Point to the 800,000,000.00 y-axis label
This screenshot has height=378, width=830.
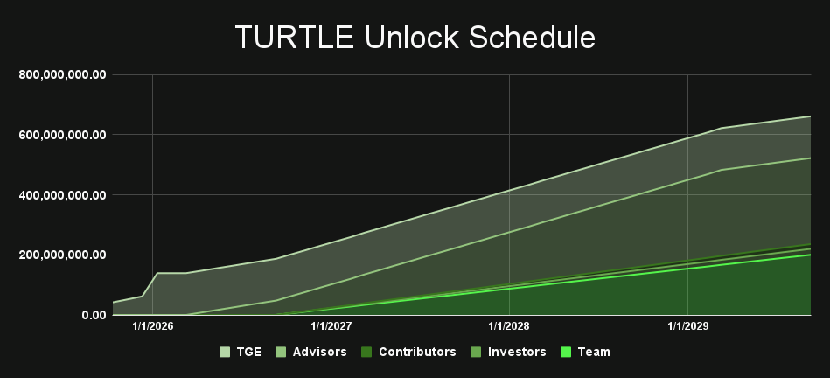point(62,75)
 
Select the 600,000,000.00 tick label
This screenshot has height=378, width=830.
point(62,135)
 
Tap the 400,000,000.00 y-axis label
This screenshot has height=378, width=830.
point(62,195)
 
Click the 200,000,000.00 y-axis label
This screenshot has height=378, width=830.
point(62,255)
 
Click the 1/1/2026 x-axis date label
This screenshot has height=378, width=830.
point(153,326)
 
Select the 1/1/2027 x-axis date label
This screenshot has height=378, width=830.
point(331,326)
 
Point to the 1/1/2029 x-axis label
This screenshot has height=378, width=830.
point(688,326)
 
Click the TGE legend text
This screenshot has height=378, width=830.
point(248,352)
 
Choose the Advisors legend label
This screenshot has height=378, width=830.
point(318,352)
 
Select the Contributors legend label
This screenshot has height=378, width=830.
point(416,352)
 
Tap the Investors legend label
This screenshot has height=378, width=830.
point(516,352)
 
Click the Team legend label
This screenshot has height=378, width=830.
point(594,352)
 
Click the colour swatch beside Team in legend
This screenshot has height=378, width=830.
point(565,352)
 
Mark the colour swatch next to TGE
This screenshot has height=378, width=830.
point(225,352)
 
